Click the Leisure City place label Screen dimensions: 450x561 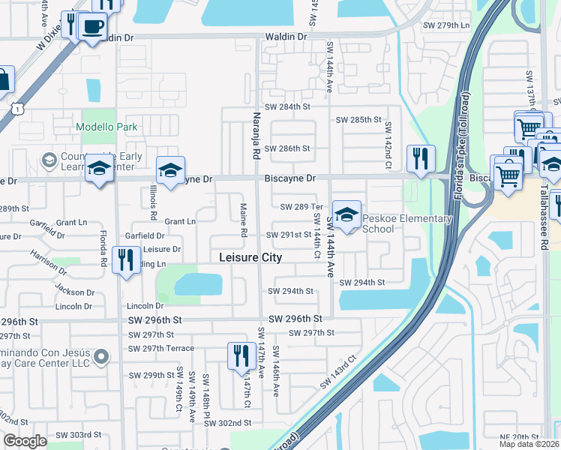click(250, 257)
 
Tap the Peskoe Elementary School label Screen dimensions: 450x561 click(407, 223)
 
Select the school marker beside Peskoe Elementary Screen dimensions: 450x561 click(346, 216)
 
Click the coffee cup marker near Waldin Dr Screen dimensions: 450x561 click(92, 27)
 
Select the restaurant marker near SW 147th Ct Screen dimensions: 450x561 click(240, 357)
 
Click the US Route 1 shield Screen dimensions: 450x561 click(16, 109)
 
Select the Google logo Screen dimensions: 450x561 click(25, 441)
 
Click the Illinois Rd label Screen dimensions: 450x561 click(152, 203)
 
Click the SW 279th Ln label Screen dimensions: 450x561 click(446, 25)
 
